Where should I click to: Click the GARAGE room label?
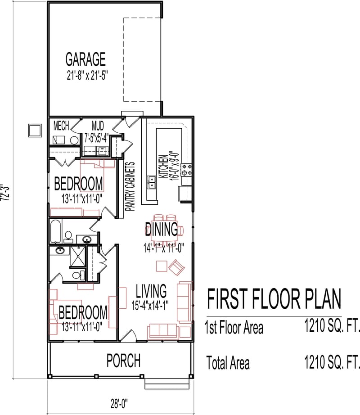pos(85,59)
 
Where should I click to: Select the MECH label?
pos(61,125)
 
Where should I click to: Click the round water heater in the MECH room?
pos(74,140)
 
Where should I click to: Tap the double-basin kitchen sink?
pos(152,182)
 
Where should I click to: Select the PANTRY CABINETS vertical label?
pos(131,186)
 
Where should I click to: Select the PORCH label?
pos(123,361)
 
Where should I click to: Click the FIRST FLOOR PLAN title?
pos(274,299)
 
